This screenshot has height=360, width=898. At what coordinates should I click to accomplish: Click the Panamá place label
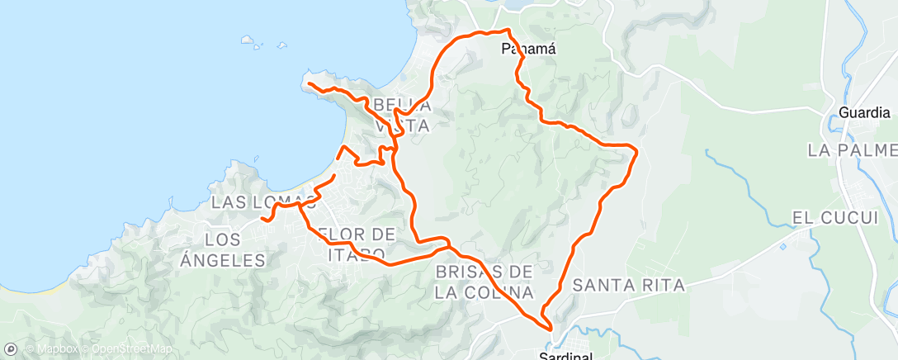tap(529, 49)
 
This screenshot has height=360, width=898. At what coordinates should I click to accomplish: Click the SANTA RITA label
tap(629, 286)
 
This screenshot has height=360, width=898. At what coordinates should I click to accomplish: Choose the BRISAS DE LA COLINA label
tap(484, 282)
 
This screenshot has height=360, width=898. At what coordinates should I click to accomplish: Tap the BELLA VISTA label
tap(402, 115)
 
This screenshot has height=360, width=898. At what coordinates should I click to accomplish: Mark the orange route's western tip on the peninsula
tap(308, 83)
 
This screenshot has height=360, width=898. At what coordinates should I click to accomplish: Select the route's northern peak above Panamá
tap(507, 31)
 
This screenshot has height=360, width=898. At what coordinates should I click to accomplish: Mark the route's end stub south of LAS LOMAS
tap(262, 219)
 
